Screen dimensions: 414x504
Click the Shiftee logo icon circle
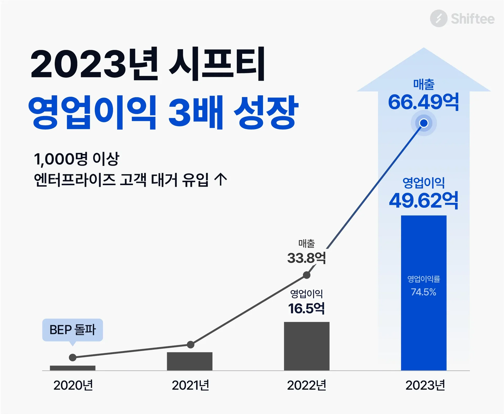pyautogui.click(x=438, y=18)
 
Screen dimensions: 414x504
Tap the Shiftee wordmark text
pyautogui.click(x=472, y=19)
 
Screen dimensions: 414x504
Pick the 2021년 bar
pyautogui.click(x=190, y=361)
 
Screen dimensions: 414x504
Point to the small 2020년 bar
pyautogui.click(x=72, y=368)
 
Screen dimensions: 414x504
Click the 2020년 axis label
pyautogui.click(x=73, y=385)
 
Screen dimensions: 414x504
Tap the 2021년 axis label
pyautogui.click(x=190, y=385)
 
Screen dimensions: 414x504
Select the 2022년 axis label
pyautogui.click(x=306, y=385)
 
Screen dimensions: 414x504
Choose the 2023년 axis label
pyautogui.click(x=425, y=385)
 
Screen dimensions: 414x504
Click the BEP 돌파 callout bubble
pyautogui.click(x=72, y=330)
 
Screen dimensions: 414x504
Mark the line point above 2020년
pyautogui.click(x=72, y=357)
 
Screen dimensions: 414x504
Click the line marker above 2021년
pyautogui.click(x=191, y=344)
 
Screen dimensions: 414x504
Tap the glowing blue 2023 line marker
pyautogui.click(x=424, y=123)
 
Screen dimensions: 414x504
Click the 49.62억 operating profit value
pyautogui.click(x=423, y=201)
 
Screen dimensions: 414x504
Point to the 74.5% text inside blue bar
pyautogui.click(x=423, y=292)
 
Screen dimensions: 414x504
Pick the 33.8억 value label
pyautogui.click(x=306, y=258)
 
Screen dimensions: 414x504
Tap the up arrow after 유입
pyautogui.click(x=220, y=180)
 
